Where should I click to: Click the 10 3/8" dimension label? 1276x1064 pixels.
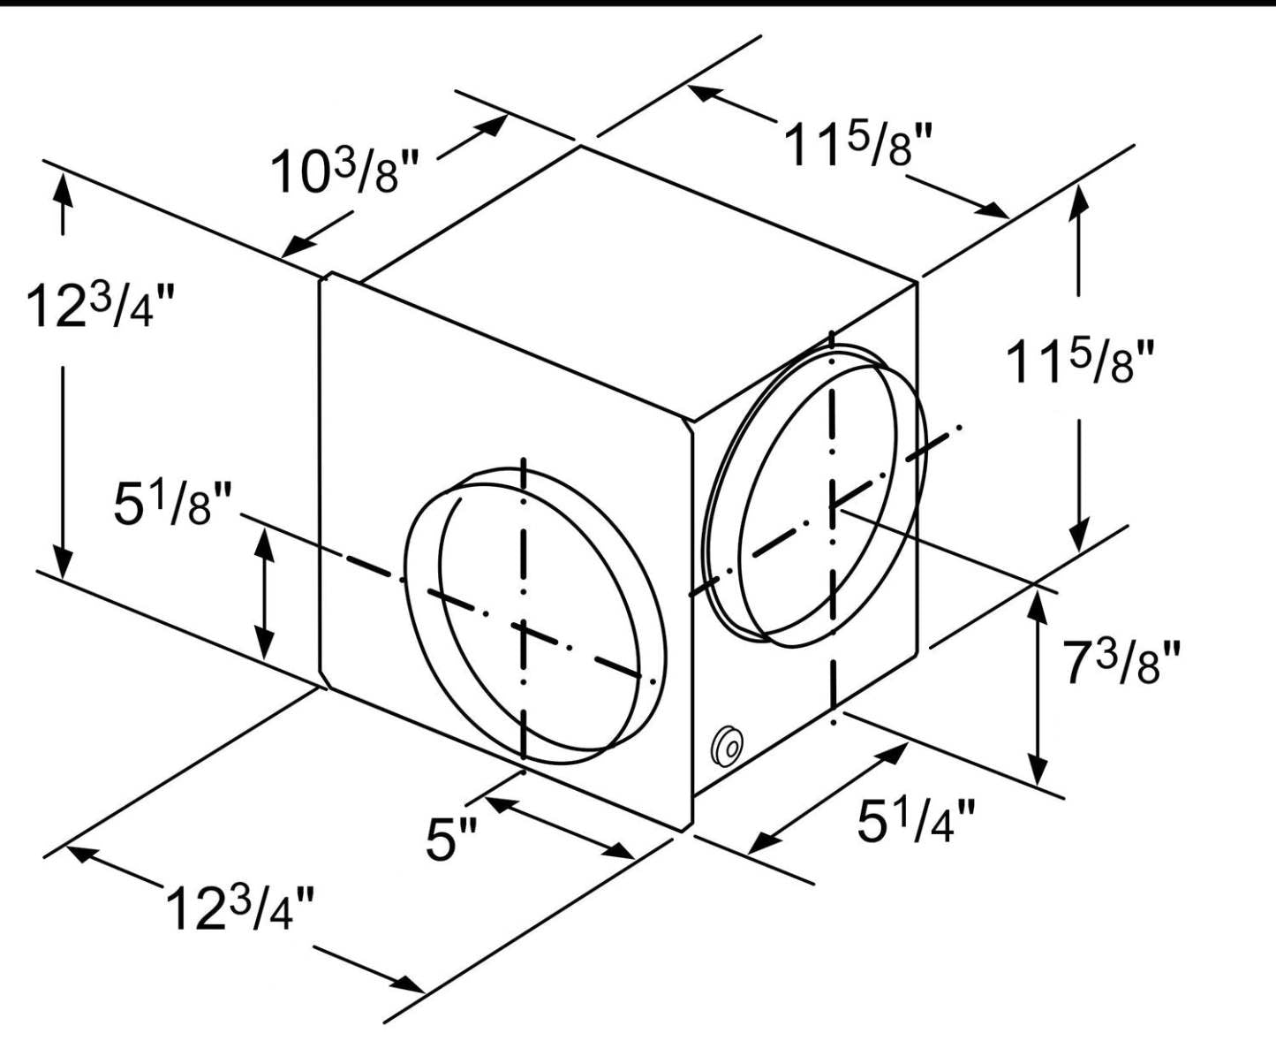(x=344, y=171)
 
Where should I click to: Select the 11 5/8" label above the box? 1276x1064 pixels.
(x=857, y=145)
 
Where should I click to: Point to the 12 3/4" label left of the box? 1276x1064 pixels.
(x=100, y=305)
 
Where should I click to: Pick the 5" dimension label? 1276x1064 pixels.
(x=451, y=839)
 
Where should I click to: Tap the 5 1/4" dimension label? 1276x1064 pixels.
(x=916, y=821)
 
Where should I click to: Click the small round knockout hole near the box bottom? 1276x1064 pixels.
(x=727, y=747)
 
